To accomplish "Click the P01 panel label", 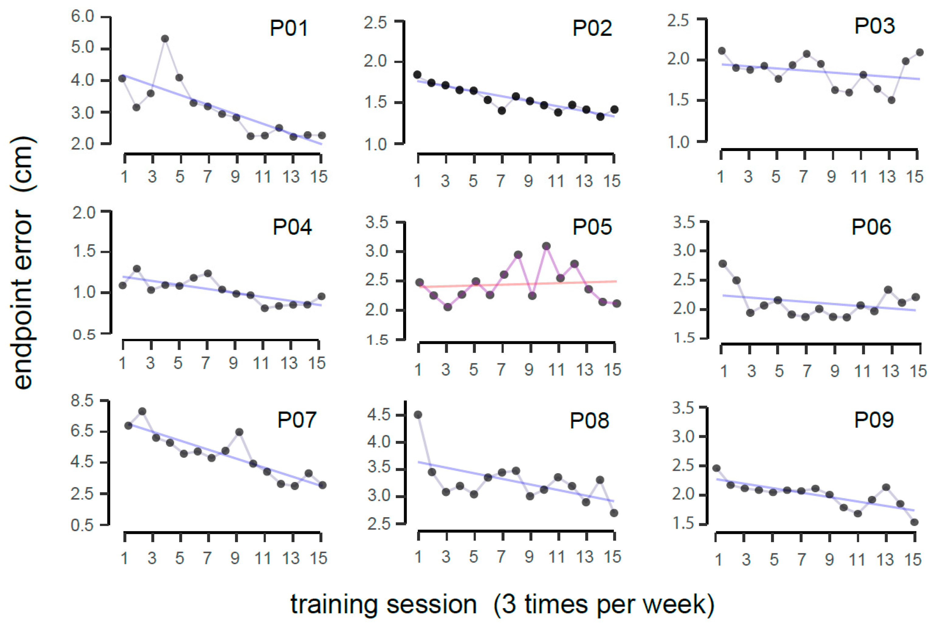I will pyautogui.click(x=289, y=28).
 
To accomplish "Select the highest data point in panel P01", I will pyautogui.click(x=165, y=39).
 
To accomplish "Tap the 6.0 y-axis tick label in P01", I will pyautogui.click(x=83, y=16).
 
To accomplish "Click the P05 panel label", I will pyautogui.click(x=592, y=227).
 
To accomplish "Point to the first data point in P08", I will pyautogui.click(x=418, y=415).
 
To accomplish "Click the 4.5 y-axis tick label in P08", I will pyautogui.click(x=379, y=415).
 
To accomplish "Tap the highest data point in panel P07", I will pyautogui.click(x=142, y=411).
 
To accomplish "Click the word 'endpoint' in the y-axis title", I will pyautogui.click(x=23, y=299).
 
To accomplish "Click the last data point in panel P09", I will pyautogui.click(x=914, y=522).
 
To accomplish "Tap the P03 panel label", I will pyautogui.click(x=874, y=26).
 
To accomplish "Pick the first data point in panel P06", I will pyautogui.click(x=723, y=264).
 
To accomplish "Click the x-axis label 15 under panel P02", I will pyautogui.click(x=611, y=182).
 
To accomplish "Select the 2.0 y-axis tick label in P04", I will pyautogui.click(x=84, y=213).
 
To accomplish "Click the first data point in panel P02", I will pyautogui.click(x=417, y=75).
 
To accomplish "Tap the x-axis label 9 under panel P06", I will pyautogui.click(x=835, y=371).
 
